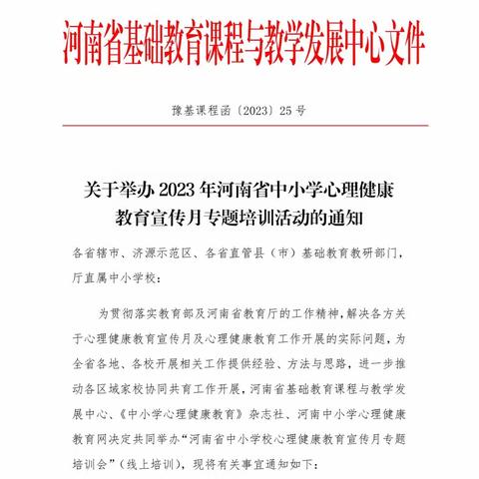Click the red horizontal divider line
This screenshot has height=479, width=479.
pos(239,127)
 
